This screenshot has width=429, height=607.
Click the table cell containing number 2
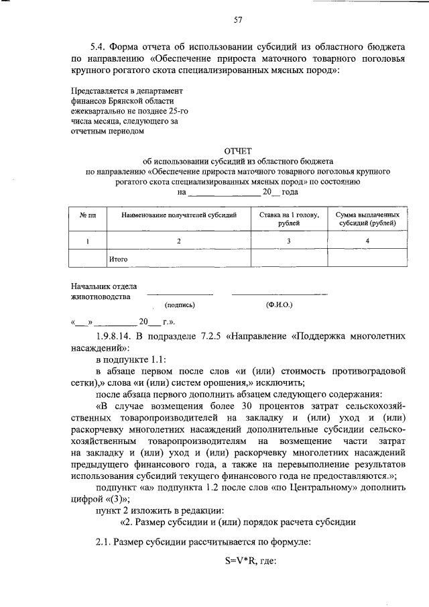coord(178,240)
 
